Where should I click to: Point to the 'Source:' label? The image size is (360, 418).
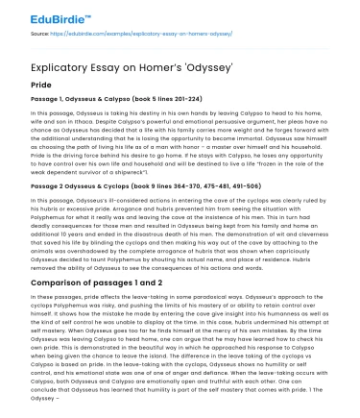click(41, 34)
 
